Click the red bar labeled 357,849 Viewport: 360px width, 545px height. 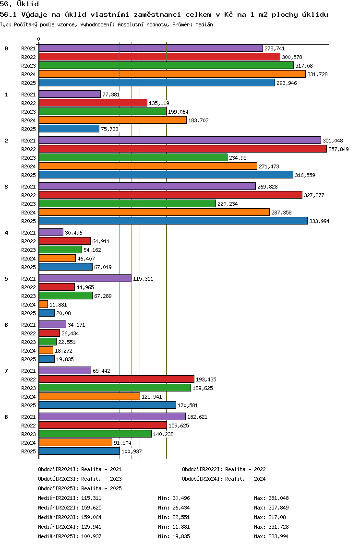[x=183, y=149]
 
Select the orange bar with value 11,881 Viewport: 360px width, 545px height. [x=44, y=305]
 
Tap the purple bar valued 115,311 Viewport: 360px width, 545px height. [x=85, y=278]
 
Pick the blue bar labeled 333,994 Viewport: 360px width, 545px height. [x=173, y=221]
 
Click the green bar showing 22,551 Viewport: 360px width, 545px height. [x=48, y=342]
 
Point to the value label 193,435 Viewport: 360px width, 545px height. [x=206, y=379]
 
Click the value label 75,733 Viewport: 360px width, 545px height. [x=109, y=129]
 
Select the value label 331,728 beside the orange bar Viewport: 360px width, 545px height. [x=317, y=74]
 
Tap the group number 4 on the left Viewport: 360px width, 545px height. [x=6, y=233]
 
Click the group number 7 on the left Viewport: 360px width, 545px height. [x=6, y=371]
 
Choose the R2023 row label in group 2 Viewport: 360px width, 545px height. [x=28, y=158]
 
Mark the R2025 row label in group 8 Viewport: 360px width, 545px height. [x=28, y=451]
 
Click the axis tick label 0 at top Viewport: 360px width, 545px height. [x=38, y=39]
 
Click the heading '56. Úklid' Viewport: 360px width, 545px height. [x=20, y=4]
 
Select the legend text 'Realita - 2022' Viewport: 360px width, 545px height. [x=245, y=469]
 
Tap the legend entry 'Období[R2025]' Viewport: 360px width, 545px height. [x=58, y=488]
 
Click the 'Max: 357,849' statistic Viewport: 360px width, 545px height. [x=271, y=508]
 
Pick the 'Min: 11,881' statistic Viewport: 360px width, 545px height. [x=174, y=527]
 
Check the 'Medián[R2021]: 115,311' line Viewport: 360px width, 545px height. [x=70, y=498]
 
